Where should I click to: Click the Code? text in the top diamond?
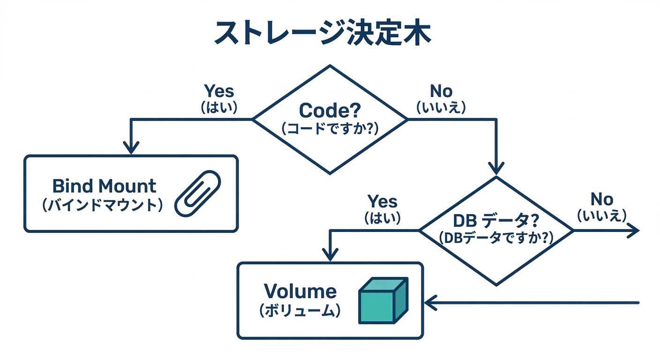[x=330, y=111]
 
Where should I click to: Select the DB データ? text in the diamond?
[x=496, y=221]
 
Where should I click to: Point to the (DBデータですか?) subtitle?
[x=496, y=238]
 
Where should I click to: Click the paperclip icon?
[x=197, y=194]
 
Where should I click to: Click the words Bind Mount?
[x=104, y=186]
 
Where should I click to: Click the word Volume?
[x=300, y=291]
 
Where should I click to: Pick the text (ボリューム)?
[x=300, y=310]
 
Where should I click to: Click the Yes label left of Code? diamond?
[x=219, y=91]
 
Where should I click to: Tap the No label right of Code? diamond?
[x=441, y=91]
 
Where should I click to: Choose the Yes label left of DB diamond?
[x=382, y=202]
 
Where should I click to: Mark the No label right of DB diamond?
[x=602, y=199]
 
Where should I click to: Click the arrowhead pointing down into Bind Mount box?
[x=131, y=149]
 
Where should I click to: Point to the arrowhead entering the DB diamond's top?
[x=496, y=169]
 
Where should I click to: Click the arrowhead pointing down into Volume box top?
[x=331, y=255]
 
